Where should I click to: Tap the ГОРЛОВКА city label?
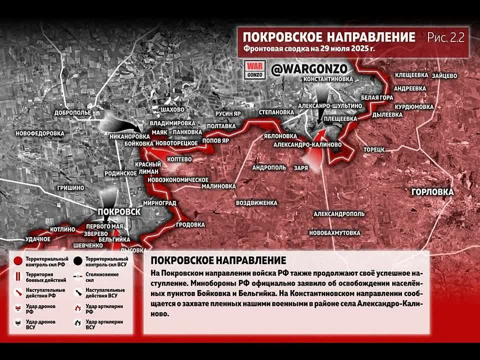(432, 192)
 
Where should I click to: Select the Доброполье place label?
(72, 112)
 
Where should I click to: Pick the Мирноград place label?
(159, 203)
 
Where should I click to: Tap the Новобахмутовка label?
(334, 233)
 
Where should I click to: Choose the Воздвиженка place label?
(256, 203)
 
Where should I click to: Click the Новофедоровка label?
(40, 133)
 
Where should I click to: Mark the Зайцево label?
(443, 75)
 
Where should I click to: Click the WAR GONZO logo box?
(254, 69)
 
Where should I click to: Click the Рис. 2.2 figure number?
(445, 37)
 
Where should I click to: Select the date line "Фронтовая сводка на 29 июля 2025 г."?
(309, 49)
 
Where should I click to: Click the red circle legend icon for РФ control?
(18, 261)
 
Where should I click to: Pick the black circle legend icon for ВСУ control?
(78, 261)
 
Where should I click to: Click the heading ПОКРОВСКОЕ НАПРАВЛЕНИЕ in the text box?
(218, 260)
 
